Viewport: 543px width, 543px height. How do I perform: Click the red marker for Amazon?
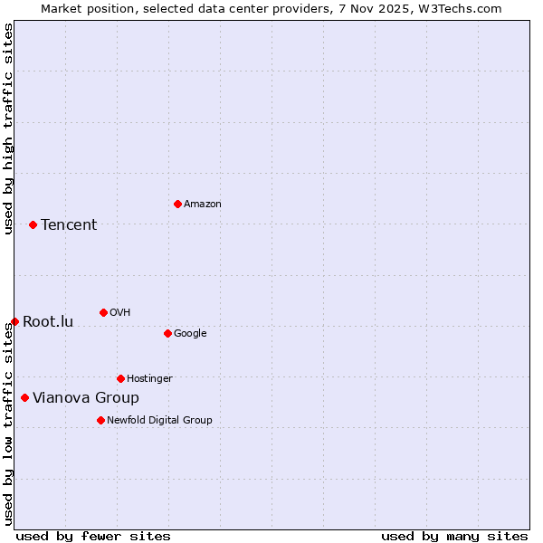(177, 204)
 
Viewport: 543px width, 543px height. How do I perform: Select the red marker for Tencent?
(33, 224)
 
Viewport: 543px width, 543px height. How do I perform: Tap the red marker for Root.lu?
(14, 321)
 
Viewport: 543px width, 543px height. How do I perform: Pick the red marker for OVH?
(103, 312)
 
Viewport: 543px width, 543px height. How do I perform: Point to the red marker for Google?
(167, 333)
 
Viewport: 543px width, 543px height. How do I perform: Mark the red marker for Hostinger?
(120, 378)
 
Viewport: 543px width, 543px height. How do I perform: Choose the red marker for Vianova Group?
(24, 397)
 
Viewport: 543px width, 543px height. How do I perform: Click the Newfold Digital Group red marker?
(100, 420)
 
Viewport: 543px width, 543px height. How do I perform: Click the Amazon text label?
(202, 205)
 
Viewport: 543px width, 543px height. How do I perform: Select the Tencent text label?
(69, 225)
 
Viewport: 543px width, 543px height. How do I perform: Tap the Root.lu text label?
(48, 322)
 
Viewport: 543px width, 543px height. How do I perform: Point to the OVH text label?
(119, 313)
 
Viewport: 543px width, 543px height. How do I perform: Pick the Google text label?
(190, 334)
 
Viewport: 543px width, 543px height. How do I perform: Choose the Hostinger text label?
(149, 379)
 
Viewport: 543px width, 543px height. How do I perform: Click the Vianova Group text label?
(86, 398)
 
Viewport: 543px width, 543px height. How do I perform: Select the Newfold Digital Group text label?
(159, 421)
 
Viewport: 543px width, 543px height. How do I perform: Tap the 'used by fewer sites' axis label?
(93, 536)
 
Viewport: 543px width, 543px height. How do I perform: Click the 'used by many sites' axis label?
(454, 536)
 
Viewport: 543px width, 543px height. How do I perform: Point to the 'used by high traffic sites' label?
(8, 129)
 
